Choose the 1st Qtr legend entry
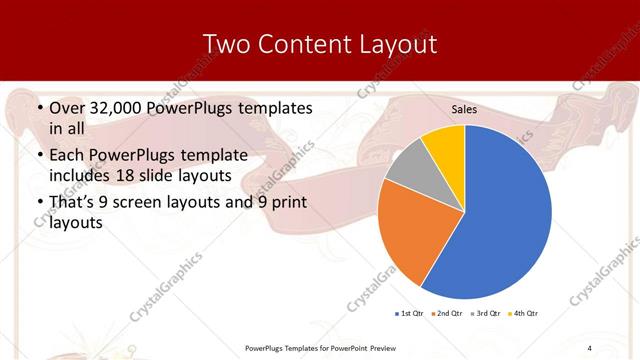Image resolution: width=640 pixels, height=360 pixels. click(x=410, y=314)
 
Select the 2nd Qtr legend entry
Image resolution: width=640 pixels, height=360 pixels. click(x=447, y=314)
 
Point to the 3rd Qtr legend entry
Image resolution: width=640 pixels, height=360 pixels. click(x=485, y=314)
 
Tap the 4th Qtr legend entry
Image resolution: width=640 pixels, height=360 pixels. click(x=522, y=314)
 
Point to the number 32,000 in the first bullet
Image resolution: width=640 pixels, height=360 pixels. click(x=116, y=107)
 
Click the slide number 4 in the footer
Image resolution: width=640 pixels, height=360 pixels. click(x=589, y=347)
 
